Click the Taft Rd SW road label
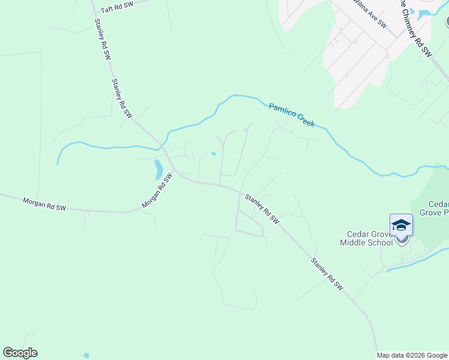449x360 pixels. click(116, 8)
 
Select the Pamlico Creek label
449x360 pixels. click(292, 114)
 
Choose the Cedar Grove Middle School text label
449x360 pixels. click(366, 238)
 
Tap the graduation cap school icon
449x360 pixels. click(401, 226)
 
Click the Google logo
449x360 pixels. click(20, 353)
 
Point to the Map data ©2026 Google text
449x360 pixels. click(412, 355)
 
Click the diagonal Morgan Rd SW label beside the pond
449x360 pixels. click(157, 191)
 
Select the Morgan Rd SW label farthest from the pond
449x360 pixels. click(44, 204)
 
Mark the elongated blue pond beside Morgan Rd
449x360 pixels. click(158, 170)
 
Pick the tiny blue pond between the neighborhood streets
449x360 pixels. click(214, 154)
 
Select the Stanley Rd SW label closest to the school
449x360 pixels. click(327, 274)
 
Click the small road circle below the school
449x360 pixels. click(385, 270)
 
